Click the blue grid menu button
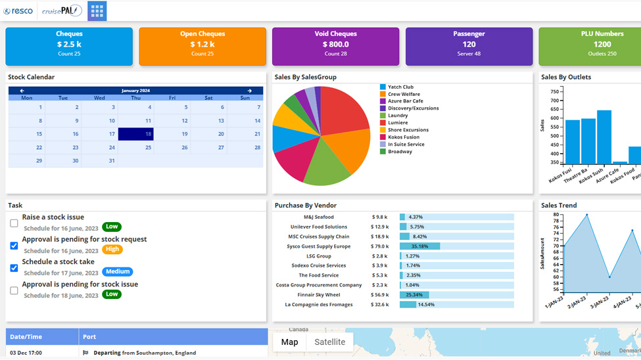(x=97, y=11)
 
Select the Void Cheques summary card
(x=335, y=46)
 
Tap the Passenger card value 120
(x=469, y=45)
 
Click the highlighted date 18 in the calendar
(x=136, y=134)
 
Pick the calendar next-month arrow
(x=249, y=91)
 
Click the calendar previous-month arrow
(x=22, y=91)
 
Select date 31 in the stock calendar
(x=112, y=161)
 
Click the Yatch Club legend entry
(x=400, y=87)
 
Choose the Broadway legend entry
(x=400, y=152)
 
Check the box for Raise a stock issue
(x=14, y=223)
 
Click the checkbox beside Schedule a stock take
(x=14, y=268)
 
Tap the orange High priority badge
(x=112, y=250)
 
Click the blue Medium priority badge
(x=118, y=272)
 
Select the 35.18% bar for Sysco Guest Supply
(x=419, y=246)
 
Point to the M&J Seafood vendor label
(x=319, y=217)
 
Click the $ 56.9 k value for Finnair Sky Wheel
(x=380, y=295)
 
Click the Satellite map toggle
(x=329, y=342)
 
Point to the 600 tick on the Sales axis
(x=554, y=119)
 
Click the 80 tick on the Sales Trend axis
(x=556, y=215)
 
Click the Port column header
(x=89, y=337)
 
